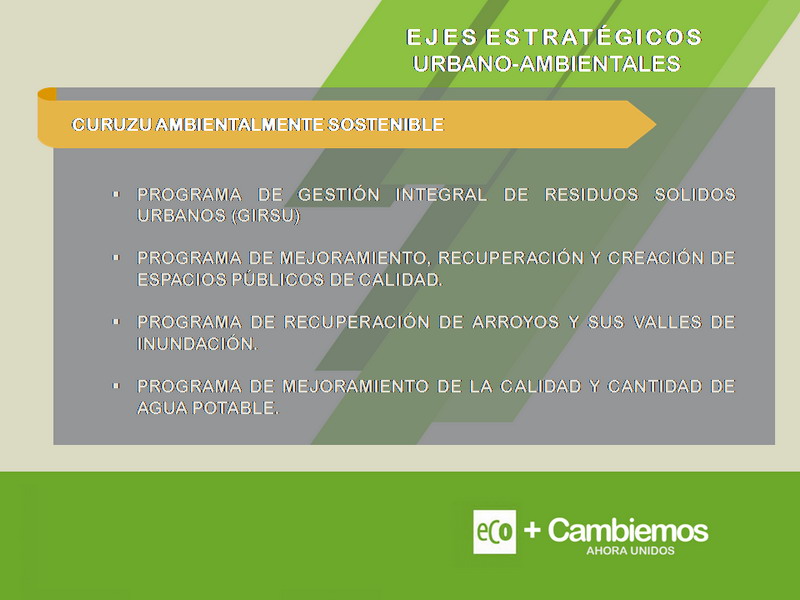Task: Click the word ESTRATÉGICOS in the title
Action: pyautogui.click(x=593, y=37)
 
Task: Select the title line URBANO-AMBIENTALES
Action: pyautogui.click(x=547, y=64)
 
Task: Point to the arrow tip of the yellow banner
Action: pyautogui.click(x=655, y=124)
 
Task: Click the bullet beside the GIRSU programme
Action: pyautogui.click(x=116, y=194)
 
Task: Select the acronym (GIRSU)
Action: pyautogui.click(x=265, y=216)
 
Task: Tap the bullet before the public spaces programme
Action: pyautogui.click(x=116, y=258)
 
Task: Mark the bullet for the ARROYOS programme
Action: pyautogui.click(x=116, y=322)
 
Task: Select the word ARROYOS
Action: pyautogui.click(x=515, y=322)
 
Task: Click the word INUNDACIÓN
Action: pyautogui.click(x=197, y=343)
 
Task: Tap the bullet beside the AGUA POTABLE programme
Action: pyautogui.click(x=116, y=386)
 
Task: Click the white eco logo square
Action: pyautogui.click(x=494, y=532)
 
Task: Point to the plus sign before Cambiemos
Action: pyautogui.click(x=532, y=530)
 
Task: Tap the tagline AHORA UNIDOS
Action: pyautogui.click(x=630, y=551)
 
